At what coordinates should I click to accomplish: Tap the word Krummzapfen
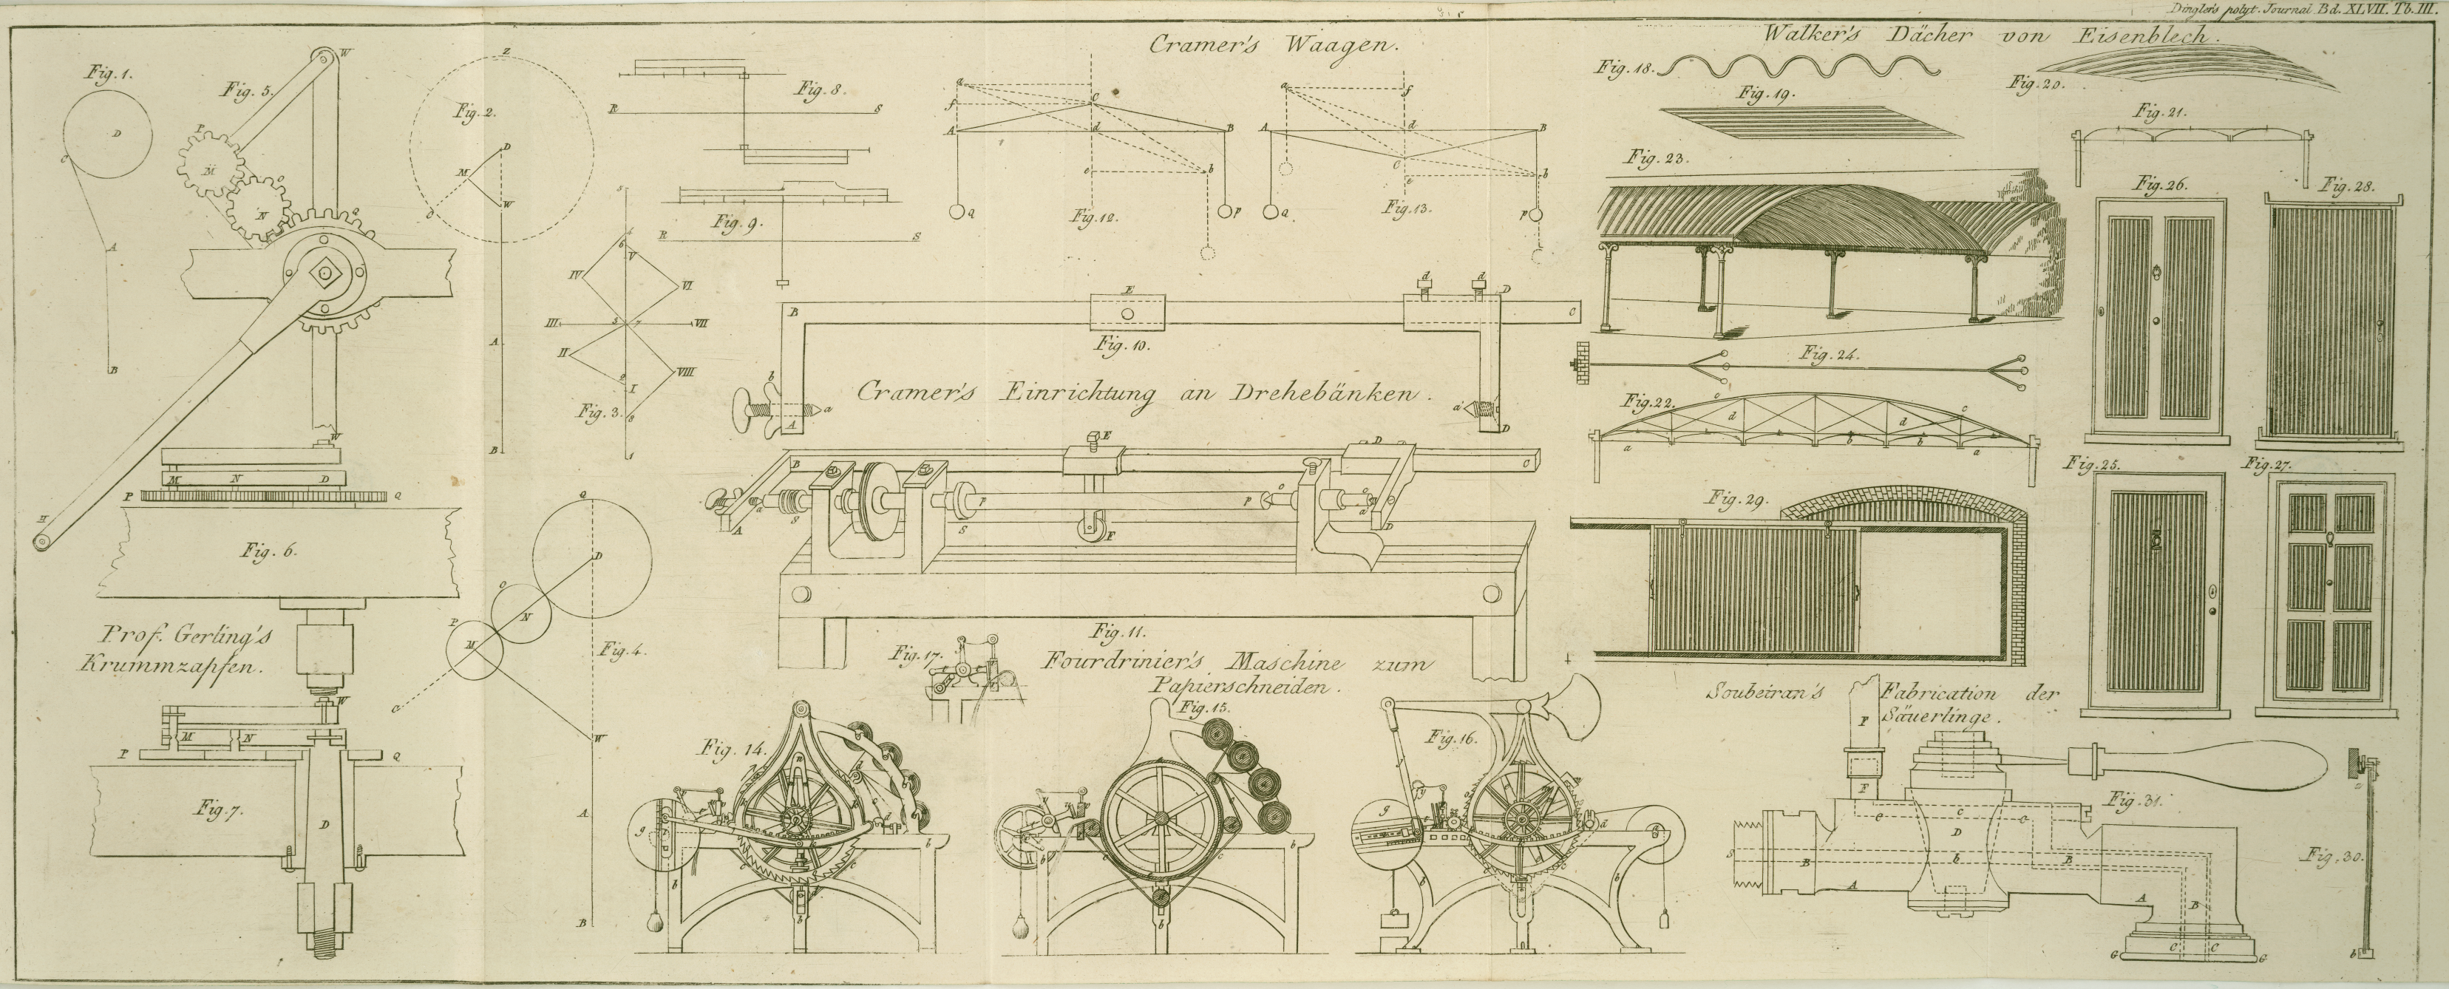click(171, 666)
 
